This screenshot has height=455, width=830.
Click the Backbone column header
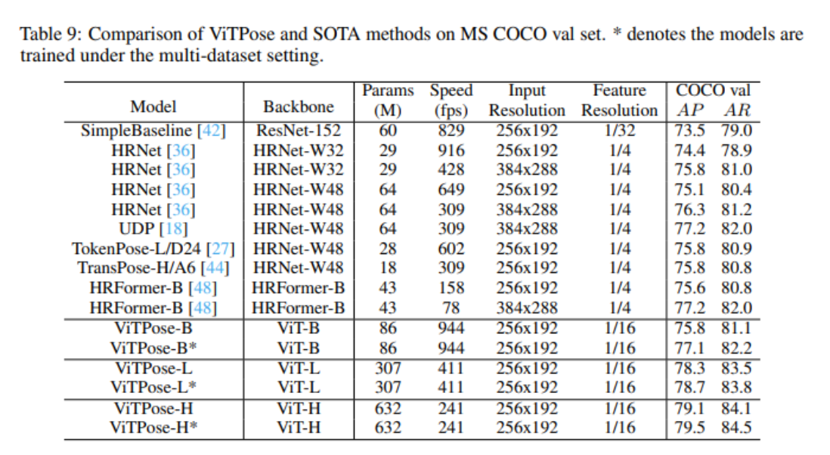coord(298,107)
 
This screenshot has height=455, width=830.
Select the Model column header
coord(153,107)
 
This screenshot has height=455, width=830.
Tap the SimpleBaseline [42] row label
coord(153,130)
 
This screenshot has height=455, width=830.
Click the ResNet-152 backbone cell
coord(299,130)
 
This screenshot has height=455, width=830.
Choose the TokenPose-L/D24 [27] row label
coord(153,248)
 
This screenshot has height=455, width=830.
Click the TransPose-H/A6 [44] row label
coord(153,268)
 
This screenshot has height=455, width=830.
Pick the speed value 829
coord(451,130)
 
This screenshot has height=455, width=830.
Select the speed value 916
coord(451,150)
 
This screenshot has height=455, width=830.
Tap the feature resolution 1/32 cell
coord(619,130)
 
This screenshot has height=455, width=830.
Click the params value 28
coord(387,248)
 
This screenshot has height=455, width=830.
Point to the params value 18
coord(387,268)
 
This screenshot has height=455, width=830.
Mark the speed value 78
coord(451,308)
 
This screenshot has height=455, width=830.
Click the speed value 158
coord(451,288)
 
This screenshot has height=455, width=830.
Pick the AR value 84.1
coord(736,408)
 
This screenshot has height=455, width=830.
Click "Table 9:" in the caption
coord(47,35)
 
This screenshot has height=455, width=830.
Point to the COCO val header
coord(713,91)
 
